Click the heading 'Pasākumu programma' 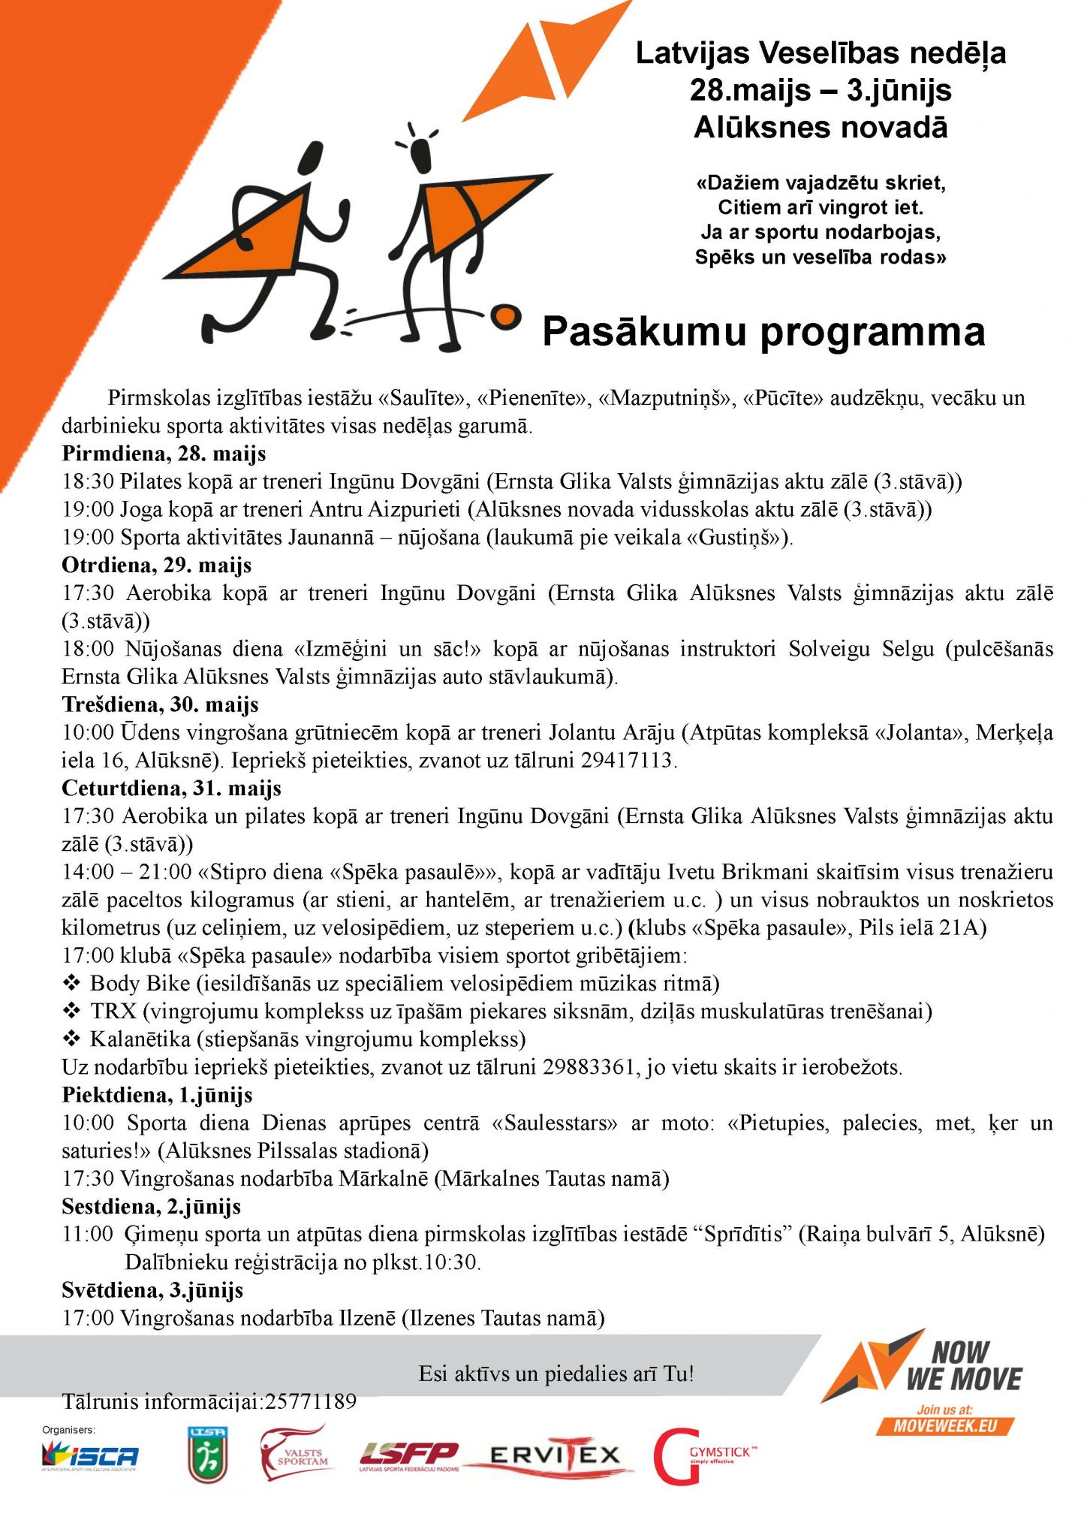click(x=763, y=331)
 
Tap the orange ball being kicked click(x=507, y=316)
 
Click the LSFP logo click(x=408, y=1455)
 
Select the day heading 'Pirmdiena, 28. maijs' click(x=164, y=454)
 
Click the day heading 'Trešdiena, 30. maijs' click(x=160, y=704)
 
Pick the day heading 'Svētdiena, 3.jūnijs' click(x=152, y=1290)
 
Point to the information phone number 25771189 click(x=309, y=1401)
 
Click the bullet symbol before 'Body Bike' click(x=72, y=983)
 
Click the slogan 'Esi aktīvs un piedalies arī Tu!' click(x=556, y=1374)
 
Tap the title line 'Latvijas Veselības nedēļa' click(x=821, y=53)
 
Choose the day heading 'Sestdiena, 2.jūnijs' click(x=151, y=1206)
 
